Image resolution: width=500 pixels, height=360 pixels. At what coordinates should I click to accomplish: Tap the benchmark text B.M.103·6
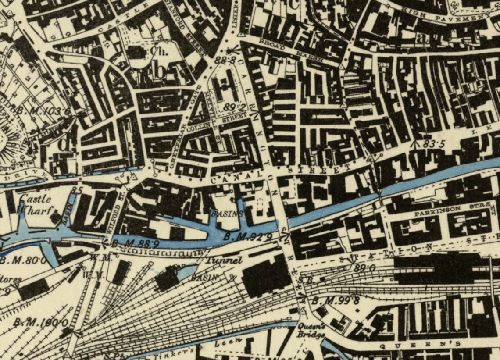click(44, 110)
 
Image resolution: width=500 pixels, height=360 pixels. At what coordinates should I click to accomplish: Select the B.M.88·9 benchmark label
click(128, 243)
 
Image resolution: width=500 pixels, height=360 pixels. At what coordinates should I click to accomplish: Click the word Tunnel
click(225, 260)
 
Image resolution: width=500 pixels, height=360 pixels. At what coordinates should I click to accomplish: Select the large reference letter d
click(64, 143)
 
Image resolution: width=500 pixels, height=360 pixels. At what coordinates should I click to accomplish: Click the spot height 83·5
click(433, 144)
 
